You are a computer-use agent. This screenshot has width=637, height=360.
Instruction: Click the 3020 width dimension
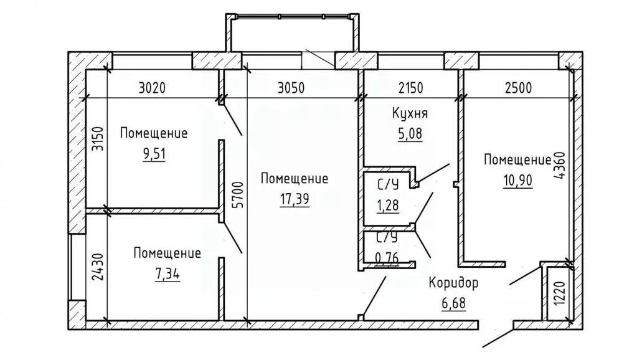click(x=152, y=88)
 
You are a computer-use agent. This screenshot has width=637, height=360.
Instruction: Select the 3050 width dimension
click(x=291, y=88)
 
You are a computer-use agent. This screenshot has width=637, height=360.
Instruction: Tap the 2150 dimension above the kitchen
click(x=411, y=88)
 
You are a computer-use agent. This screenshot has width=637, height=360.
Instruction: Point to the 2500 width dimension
click(x=518, y=88)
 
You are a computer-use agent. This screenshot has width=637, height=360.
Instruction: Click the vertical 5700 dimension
click(x=239, y=195)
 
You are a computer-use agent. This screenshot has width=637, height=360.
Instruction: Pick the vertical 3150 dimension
click(x=98, y=139)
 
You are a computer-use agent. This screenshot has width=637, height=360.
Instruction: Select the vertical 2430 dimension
click(x=98, y=267)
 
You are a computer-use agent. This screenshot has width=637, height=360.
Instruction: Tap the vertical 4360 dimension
click(x=559, y=166)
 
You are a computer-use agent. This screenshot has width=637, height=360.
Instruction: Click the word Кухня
click(x=410, y=113)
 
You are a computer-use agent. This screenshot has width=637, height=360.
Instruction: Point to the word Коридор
click(x=453, y=283)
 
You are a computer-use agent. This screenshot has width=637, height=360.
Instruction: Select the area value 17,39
click(x=295, y=199)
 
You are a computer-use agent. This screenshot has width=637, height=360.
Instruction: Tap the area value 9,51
click(x=154, y=154)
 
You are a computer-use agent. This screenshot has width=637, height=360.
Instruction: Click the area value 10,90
click(x=518, y=180)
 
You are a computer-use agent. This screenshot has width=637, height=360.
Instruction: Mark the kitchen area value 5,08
click(x=410, y=133)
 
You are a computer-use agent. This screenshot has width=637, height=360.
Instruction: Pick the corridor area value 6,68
click(x=453, y=303)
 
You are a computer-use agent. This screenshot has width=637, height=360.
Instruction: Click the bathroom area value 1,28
click(x=388, y=205)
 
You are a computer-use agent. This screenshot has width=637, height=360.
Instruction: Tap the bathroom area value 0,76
click(x=387, y=258)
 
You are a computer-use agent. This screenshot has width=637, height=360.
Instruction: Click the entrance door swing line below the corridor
click(x=498, y=338)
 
